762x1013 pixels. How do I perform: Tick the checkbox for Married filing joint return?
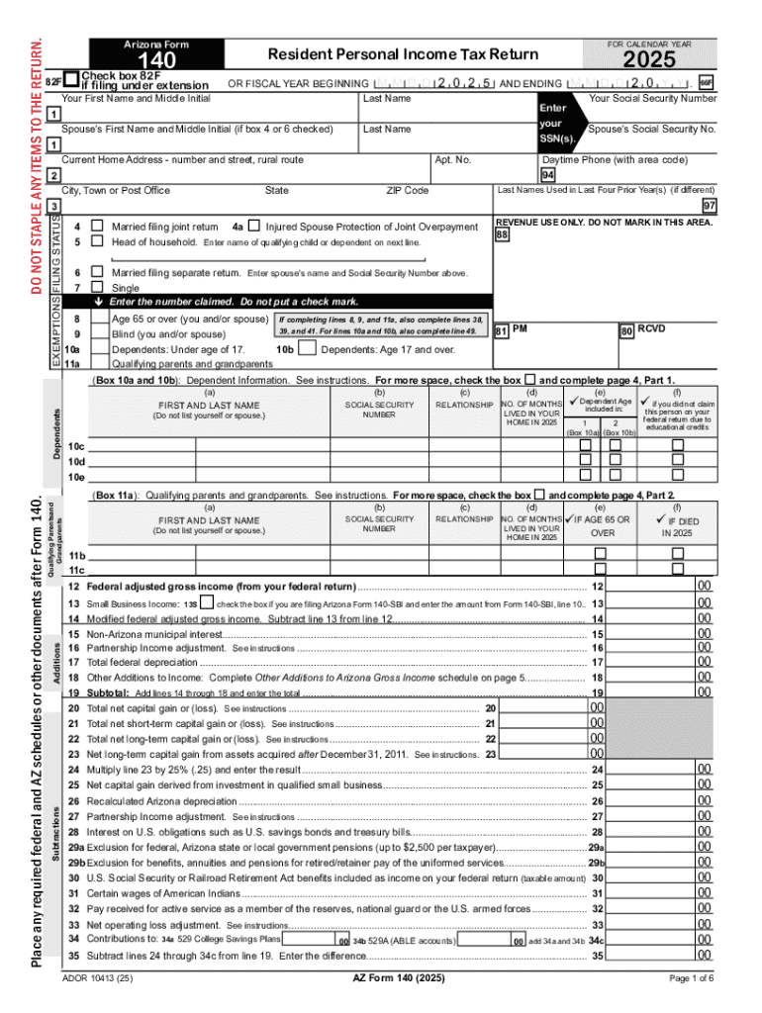[x=97, y=227]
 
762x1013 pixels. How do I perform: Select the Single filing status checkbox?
[x=97, y=286]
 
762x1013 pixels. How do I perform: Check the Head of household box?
[x=97, y=241]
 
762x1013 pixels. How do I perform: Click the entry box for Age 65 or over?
[x=99, y=320]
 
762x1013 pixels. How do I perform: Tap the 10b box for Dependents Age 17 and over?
[x=307, y=349]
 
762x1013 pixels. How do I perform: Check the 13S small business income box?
[x=206, y=602]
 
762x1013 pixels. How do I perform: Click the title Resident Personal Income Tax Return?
[x=404, y=53]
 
